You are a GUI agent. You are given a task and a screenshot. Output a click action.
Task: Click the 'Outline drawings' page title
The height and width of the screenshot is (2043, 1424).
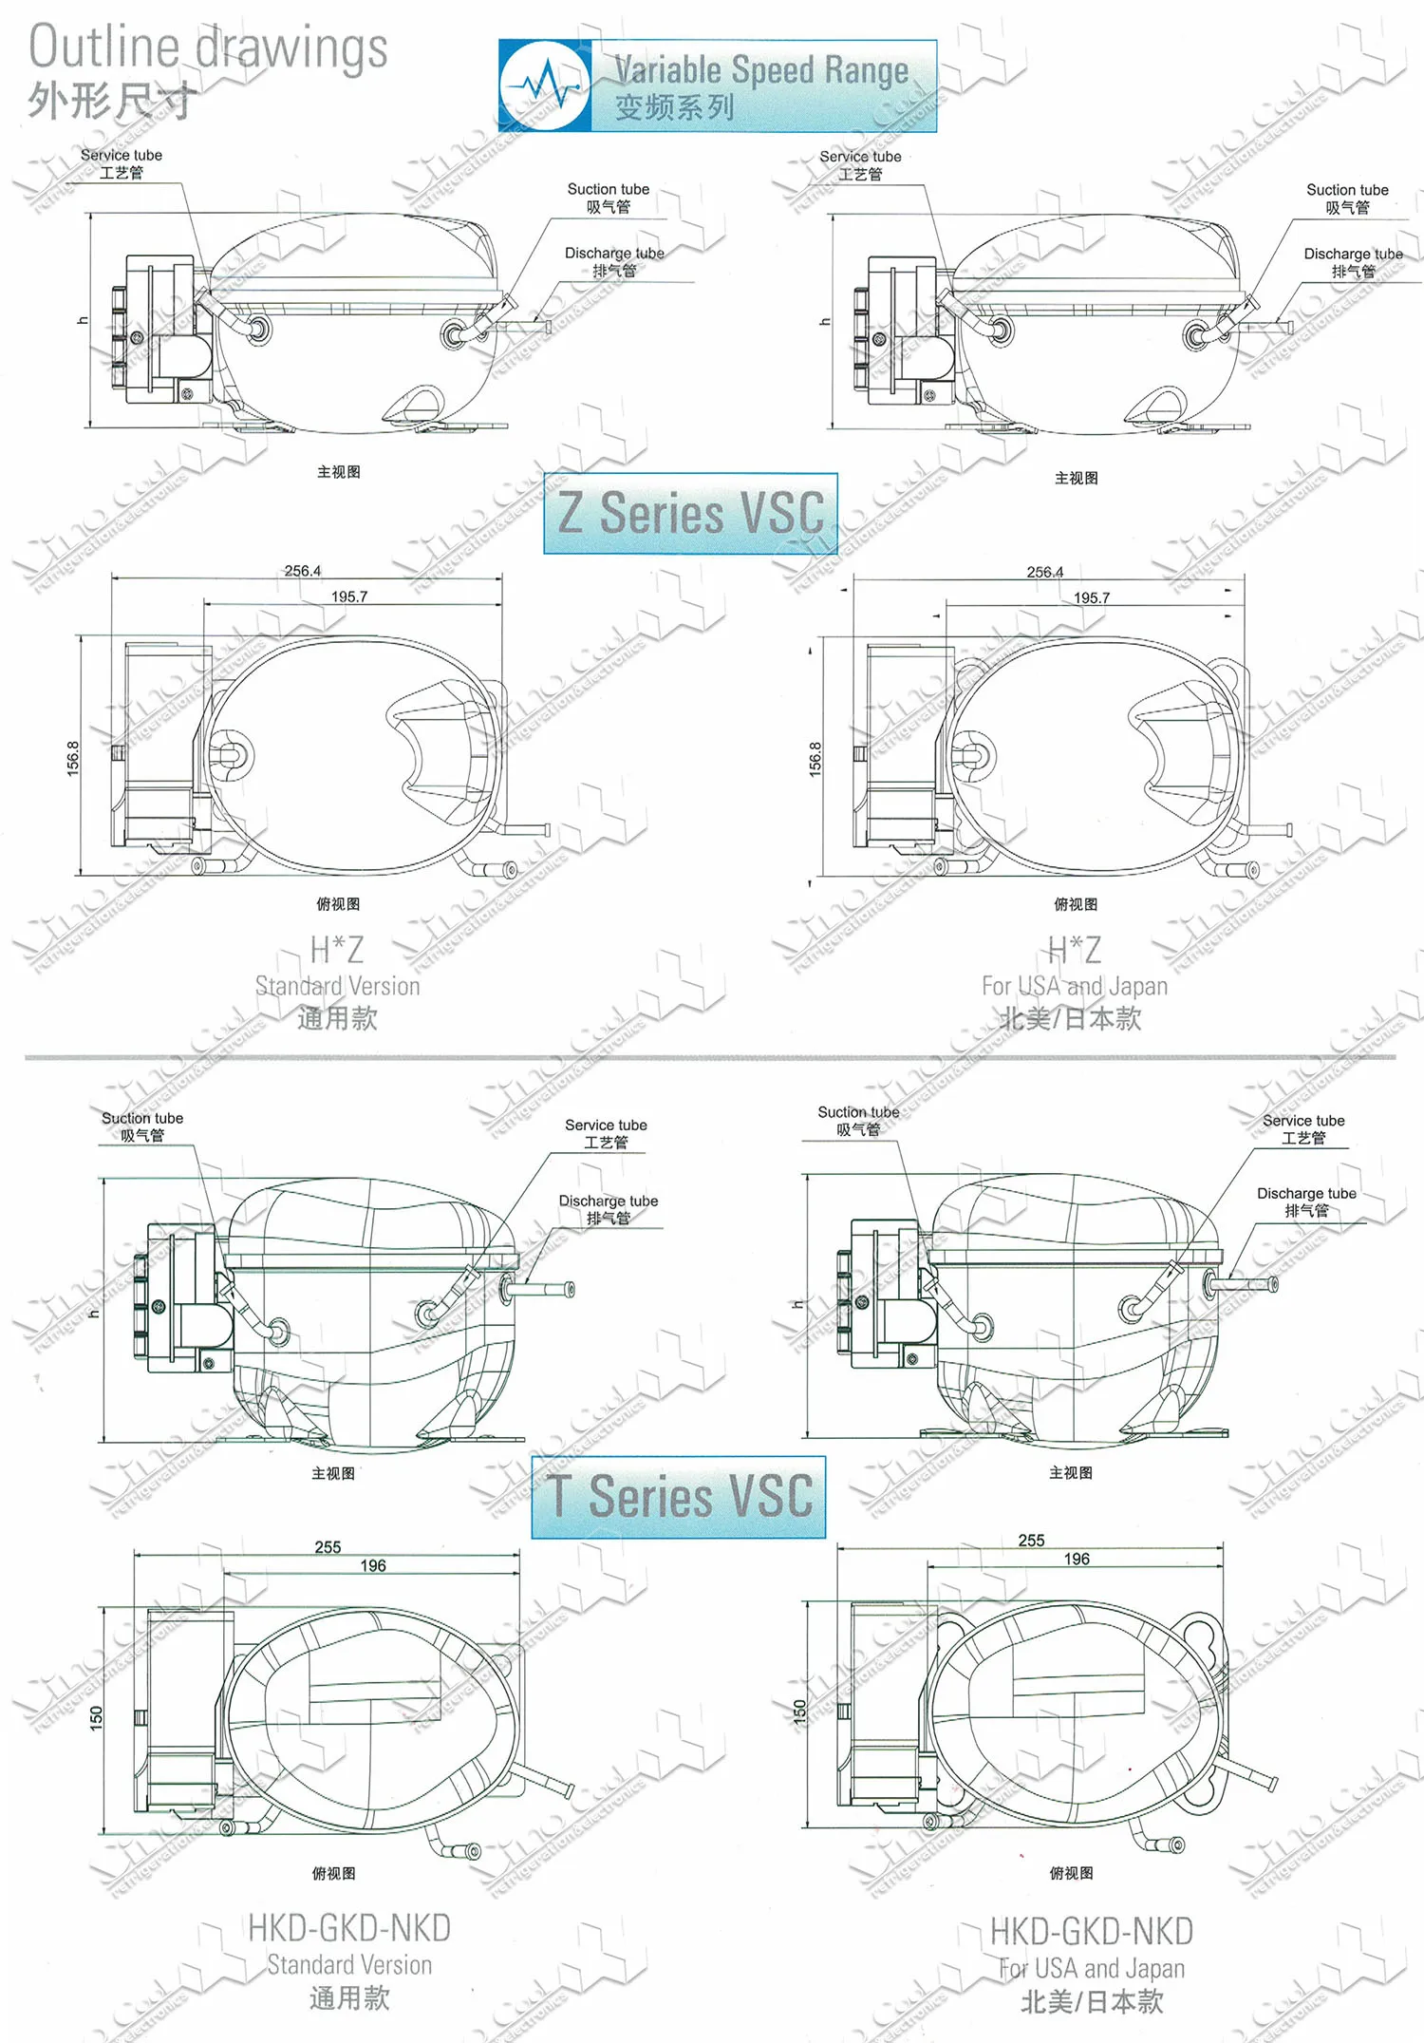(x=208, y=47)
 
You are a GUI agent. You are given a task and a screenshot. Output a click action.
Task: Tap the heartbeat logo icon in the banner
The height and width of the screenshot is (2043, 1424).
(x=545, y=86)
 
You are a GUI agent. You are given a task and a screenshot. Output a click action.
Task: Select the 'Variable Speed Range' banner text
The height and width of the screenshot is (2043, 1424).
(x=760, y=69)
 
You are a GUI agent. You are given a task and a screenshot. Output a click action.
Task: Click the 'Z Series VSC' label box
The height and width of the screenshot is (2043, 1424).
(x=690, y=514)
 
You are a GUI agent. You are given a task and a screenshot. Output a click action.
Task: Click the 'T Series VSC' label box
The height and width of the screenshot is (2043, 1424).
(x=679, y=1497)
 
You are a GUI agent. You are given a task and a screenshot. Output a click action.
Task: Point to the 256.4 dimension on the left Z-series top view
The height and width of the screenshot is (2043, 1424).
(x=302, y=571)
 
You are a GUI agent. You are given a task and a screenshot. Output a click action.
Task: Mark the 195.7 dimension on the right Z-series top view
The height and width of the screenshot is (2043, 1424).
(x=1091, y=598)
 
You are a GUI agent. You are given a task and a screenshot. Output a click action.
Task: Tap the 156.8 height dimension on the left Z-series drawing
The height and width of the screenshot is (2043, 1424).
(x=73, y=758)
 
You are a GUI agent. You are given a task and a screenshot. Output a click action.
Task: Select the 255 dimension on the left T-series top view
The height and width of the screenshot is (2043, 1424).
(x=328, y=1547)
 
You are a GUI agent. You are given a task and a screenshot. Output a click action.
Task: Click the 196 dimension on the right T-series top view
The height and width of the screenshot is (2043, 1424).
(x=1077, y=1560)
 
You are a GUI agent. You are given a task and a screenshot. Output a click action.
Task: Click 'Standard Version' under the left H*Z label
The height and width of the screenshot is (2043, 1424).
(x=337, y=986)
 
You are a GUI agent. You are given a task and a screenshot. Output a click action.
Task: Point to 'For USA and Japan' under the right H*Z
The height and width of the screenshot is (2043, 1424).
(x=1074, y=986)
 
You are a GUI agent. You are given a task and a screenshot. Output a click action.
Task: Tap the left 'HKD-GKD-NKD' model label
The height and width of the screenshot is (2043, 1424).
(x=348, y=1929)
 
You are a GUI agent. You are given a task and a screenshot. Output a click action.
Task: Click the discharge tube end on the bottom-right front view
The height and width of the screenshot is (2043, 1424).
(x=1272, y=1284)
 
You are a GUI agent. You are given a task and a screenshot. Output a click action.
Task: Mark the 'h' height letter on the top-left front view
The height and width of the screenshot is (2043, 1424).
(x=83, y=320)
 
